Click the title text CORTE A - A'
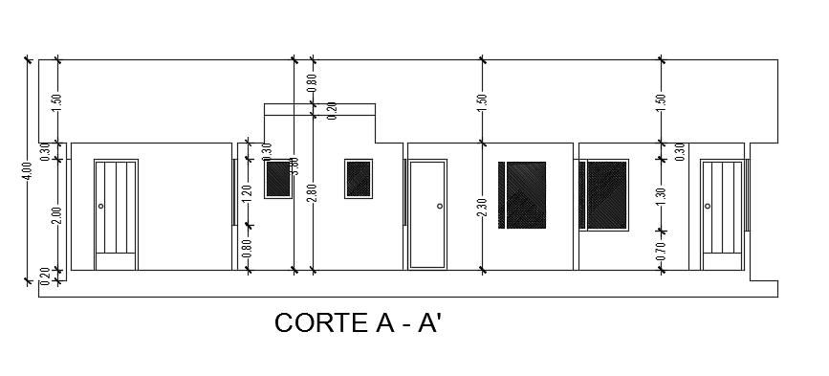tap(359, 323)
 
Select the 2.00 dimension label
tap(57, 216)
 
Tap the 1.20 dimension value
tap(248, 192)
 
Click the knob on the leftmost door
tap(101, 206)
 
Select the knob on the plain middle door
tap(439, 206)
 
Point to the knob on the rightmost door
tap(709, 206)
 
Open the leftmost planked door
tap(117, 215)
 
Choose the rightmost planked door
tap(723, 215)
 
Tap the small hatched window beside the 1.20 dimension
tap(277, 180)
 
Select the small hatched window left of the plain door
tap(359, 178)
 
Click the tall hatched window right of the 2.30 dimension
tap(522, 196)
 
